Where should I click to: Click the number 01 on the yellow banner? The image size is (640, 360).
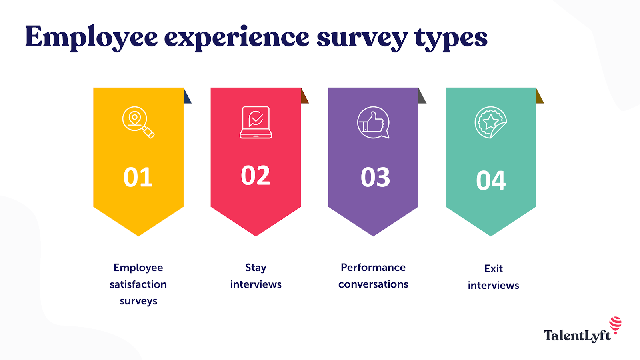click(x=138, y=177)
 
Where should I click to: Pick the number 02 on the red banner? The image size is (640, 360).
click(x=256, y=175)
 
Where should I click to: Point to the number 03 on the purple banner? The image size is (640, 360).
click(x=375, y=177)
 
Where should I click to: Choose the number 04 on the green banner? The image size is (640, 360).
click(x=491, y=180)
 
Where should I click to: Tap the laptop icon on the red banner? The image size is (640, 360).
click(x=256, y=122)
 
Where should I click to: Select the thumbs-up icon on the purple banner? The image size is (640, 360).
click(x=373, y=122)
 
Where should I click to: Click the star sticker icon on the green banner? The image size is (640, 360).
click(x=491, y=122)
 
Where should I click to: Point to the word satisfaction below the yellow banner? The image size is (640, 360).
click(x=138, y=284)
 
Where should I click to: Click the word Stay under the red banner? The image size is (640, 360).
click(x=256, y=268)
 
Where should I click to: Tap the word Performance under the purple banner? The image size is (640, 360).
click(x=373, y=268)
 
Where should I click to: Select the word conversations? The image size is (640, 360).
click(x=373, y=284)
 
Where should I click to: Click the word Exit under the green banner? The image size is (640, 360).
click(x=493, y=268)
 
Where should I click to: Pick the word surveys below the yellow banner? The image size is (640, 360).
click(x=138, y=301)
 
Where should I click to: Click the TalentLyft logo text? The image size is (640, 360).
click(x=577, y=336)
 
